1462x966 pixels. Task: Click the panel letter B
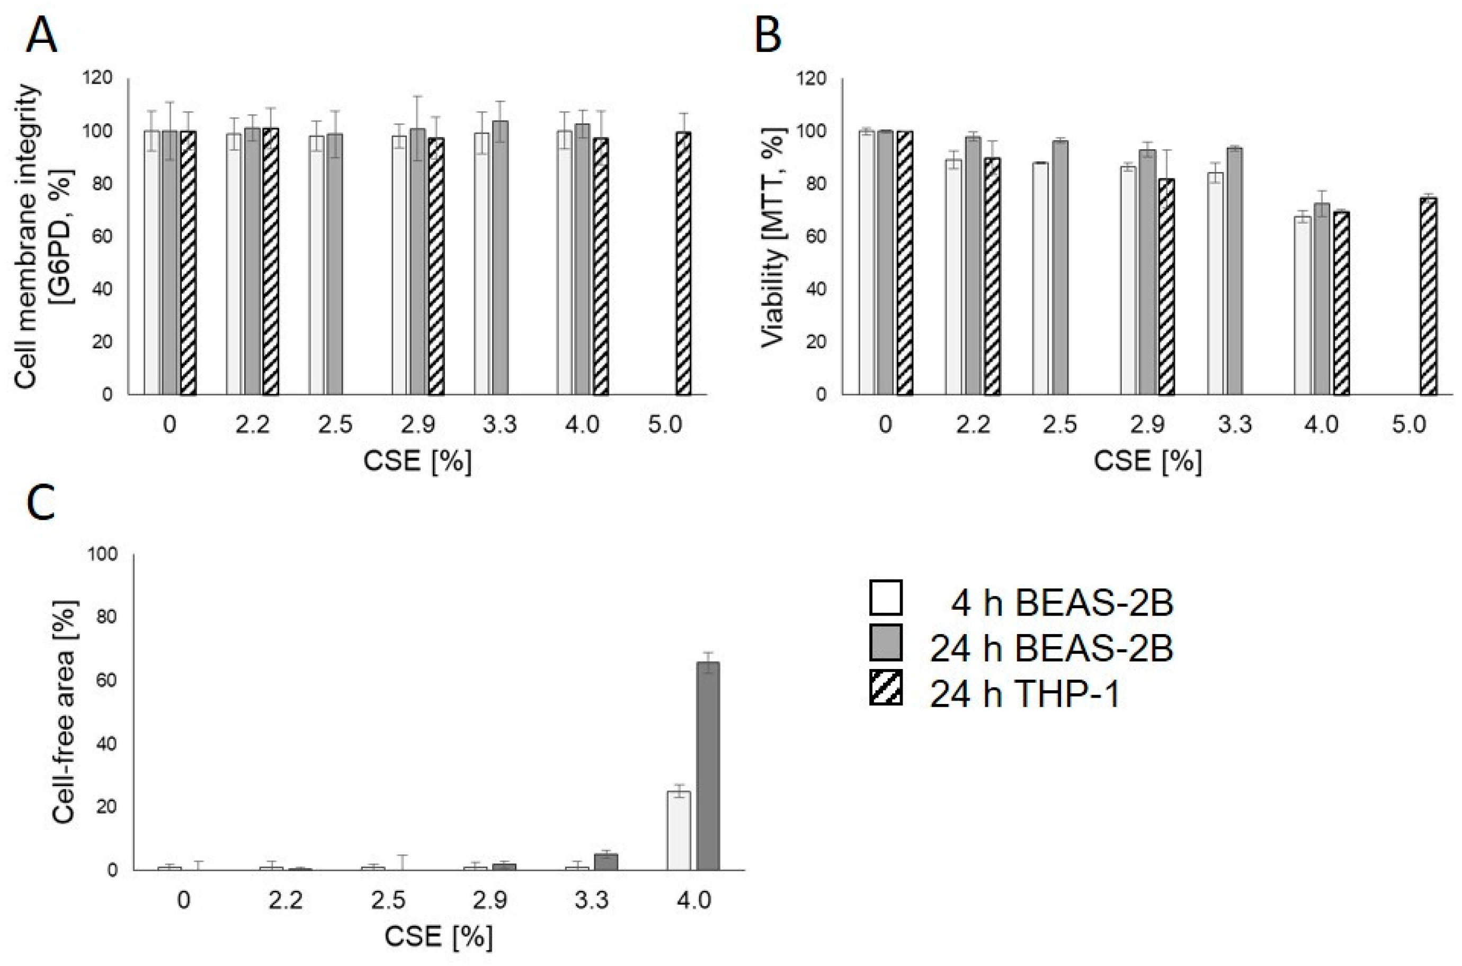click(768, 36)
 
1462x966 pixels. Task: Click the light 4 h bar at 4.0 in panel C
click(679, 830)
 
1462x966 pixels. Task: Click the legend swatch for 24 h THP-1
click(886, 687)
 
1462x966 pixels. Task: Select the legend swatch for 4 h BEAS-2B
click(886, 598)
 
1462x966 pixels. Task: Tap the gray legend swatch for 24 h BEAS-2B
click(886, 642)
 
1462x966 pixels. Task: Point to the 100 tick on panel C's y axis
click(103, 555)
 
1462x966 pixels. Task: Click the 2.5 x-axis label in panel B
click(1060, 425)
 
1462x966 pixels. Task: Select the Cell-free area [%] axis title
click(65, 711)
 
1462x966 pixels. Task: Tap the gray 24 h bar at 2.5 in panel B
click(1059, 267)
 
